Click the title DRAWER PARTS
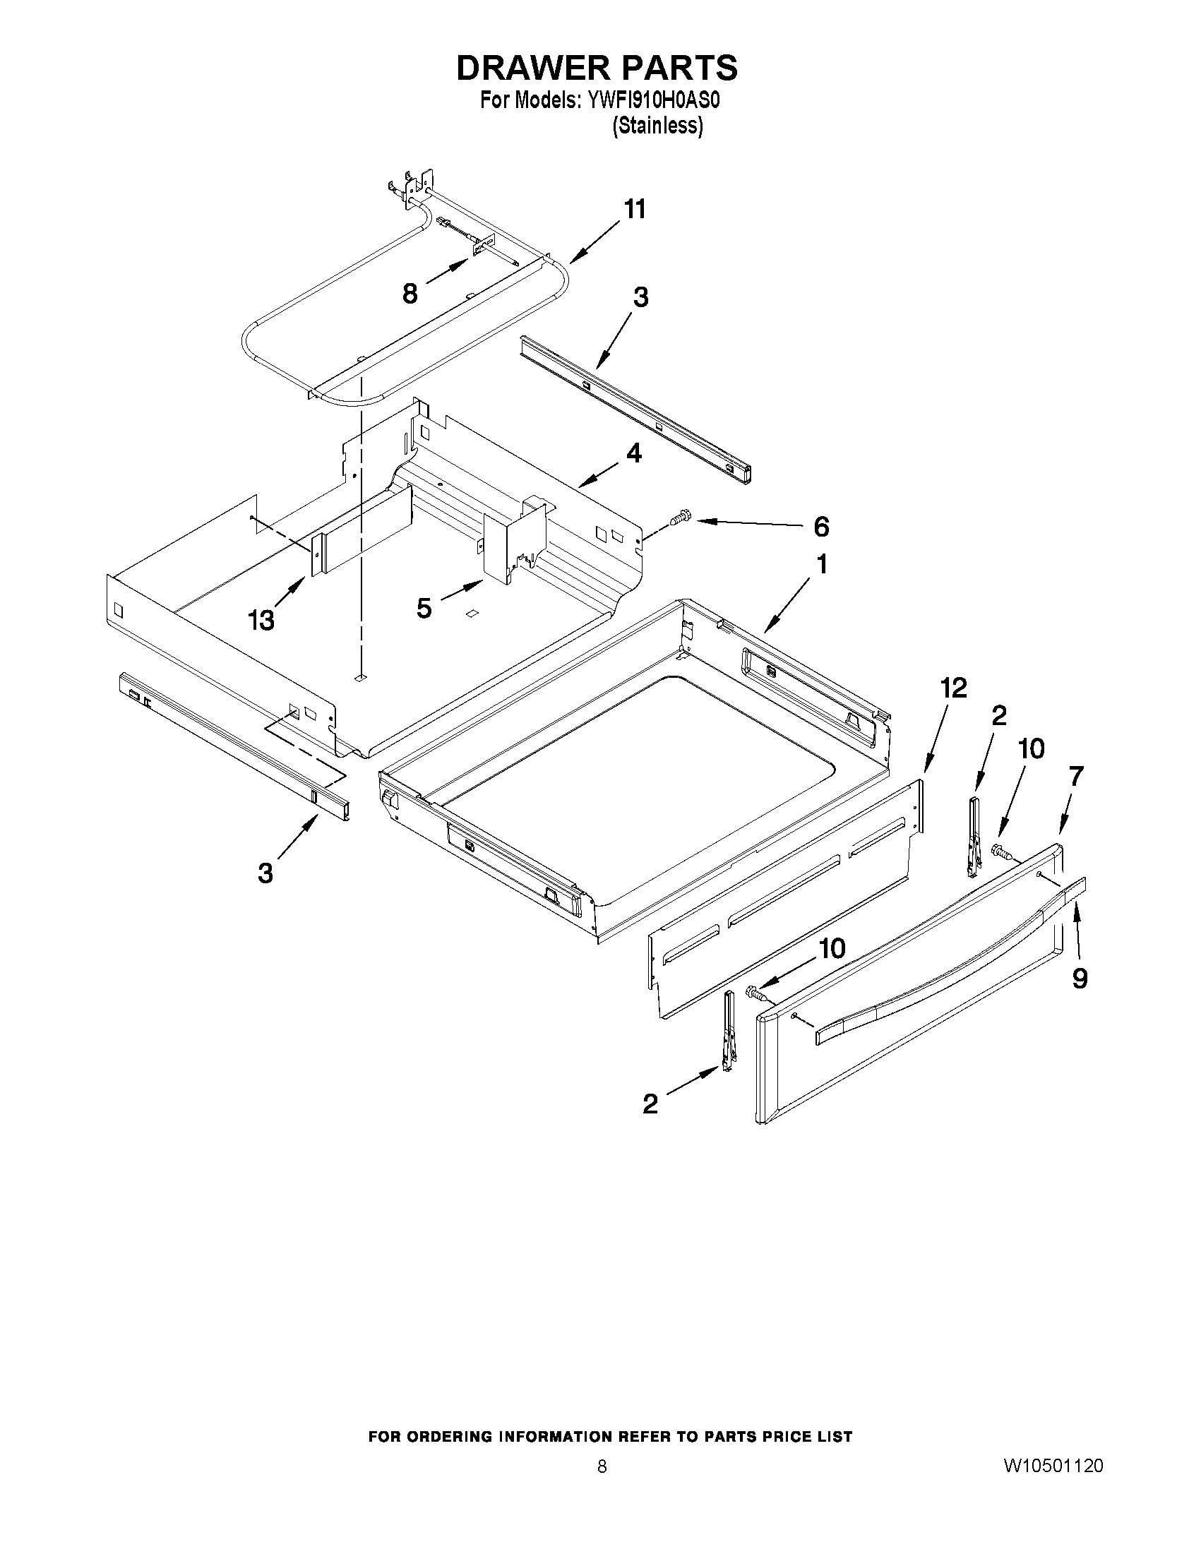(596, 68)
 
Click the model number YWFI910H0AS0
(653, 101)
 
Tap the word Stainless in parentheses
(657, 126)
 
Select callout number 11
(635, 210)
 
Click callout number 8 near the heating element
(410, 294)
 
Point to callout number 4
(633, 453)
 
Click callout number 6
(820, 527)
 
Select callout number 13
(261, 621)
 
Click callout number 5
(424, 609)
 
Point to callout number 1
(822, 564)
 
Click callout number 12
(953, 688)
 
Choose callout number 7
(1076, 776)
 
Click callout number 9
(1080, 980)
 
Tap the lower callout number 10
(832, 948)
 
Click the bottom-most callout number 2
(650, 1104)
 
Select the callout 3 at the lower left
(265, 873)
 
